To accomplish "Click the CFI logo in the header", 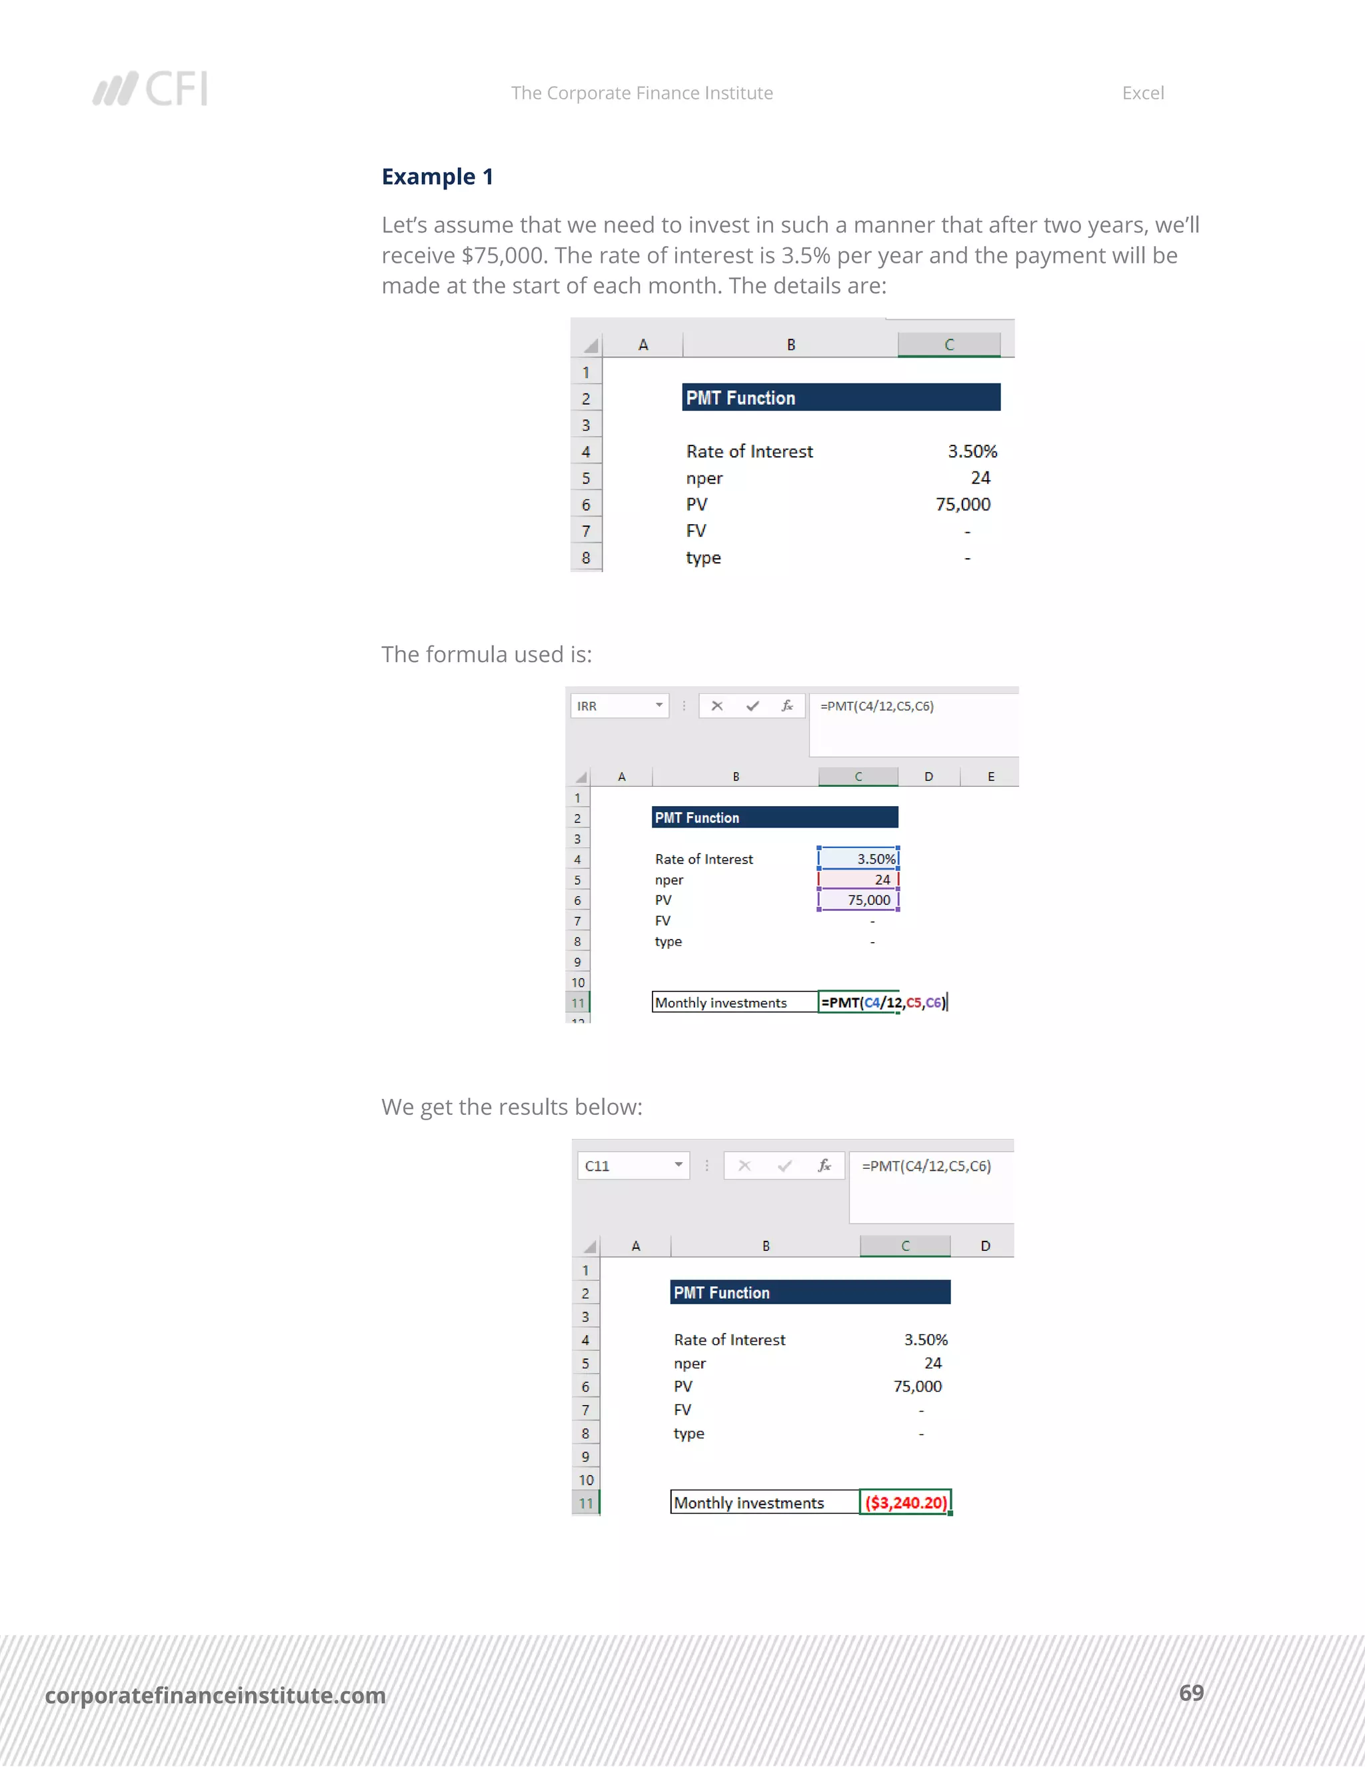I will coord(151,89).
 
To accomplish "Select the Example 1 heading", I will coord(437,177).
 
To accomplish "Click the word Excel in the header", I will coord(1142,93).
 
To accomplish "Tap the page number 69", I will coord(1190,1692).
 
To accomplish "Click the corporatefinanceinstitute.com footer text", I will coord(215,1694).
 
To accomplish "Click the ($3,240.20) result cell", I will coord(905,1502).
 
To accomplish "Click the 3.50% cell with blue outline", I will coord(858,858).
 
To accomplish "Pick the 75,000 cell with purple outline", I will coord(858,900).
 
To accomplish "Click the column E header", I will coord(990,777).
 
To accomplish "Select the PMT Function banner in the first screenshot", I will coord(840,398).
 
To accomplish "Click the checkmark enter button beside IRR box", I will coord(752,706).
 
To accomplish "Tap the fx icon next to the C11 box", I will coord(824,1166).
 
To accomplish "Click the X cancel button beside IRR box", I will coord(716,706).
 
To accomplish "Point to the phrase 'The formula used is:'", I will coord(486,655).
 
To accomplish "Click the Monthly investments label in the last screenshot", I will coord(748,1502).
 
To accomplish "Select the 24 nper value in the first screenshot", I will coord(979,478).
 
